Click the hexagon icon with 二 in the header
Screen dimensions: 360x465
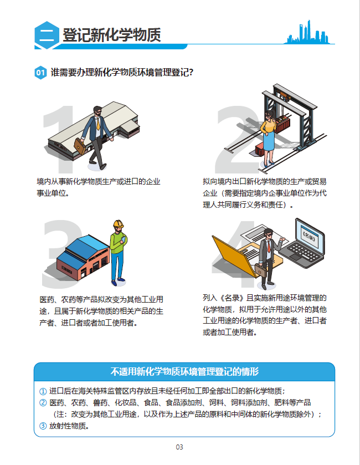[x=47, y=35]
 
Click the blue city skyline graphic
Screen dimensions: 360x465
[x=308, y=32]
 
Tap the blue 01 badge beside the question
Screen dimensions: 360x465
[x=40, y=73]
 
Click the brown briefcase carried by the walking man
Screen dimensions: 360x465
[x=80, y=146]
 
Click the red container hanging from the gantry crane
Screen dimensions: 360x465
[x=282, y=125]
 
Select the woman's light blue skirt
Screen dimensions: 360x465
[x=269, y=141]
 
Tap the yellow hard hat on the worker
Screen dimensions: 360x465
[x=118, y=223]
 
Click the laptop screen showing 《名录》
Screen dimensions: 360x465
[x=310, y=236]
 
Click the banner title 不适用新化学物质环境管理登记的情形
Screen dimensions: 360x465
[x=184, y=371]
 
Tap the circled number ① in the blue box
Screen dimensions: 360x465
[x=43, y=391]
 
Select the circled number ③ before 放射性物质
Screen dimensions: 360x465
[x=43, y=426]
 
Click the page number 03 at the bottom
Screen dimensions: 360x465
[x=179, y=447]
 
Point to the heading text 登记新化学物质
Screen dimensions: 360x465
[x=112, y=35]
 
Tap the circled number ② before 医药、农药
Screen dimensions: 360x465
[x=43, y=402]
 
